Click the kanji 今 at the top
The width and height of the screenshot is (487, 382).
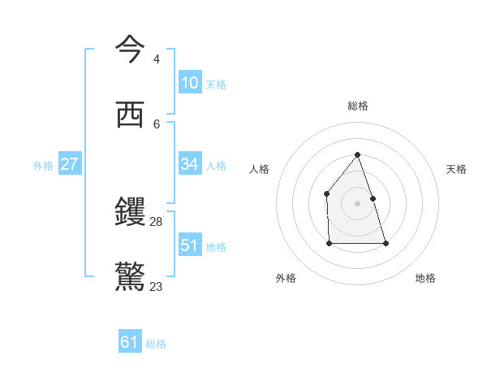coord(131,49)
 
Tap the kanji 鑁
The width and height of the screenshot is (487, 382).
coord(131,212)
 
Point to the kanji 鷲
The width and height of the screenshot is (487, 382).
coord(131,277)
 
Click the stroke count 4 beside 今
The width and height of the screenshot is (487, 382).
coord(156,59)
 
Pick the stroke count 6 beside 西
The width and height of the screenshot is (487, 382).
coord(156,124)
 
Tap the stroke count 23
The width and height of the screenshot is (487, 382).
coord(157,287)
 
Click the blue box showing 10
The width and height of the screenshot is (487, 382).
coord(189,83)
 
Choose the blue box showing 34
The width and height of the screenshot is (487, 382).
coord(189,164)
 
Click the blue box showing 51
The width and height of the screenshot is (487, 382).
coord(189,245)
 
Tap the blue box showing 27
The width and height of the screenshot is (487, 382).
coord(69,164)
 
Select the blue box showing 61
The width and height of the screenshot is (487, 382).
coord(130,342)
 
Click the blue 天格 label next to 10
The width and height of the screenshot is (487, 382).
coord(216,85)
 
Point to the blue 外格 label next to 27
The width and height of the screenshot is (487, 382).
coord(43,166)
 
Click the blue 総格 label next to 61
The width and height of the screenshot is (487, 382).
coord(156,344)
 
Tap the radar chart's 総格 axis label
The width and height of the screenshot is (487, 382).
coord(357,106)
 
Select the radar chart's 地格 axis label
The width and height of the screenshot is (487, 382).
coord(425,278)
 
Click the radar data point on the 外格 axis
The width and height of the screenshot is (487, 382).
coord(329,243)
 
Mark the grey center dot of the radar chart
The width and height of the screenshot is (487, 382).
coord(357,203)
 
